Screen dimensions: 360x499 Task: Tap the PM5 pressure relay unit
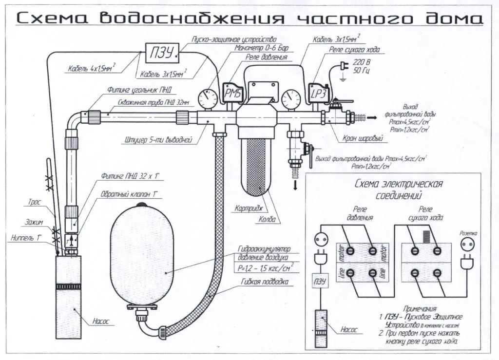[x=232, y=92]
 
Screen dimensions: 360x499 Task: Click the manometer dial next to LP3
[x=291, y=98]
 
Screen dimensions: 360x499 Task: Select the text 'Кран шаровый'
[x=363, y=139]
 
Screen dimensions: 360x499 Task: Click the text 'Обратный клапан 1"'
[x=124, y=194]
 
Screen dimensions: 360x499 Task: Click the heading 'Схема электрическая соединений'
[x=399, y=189]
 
